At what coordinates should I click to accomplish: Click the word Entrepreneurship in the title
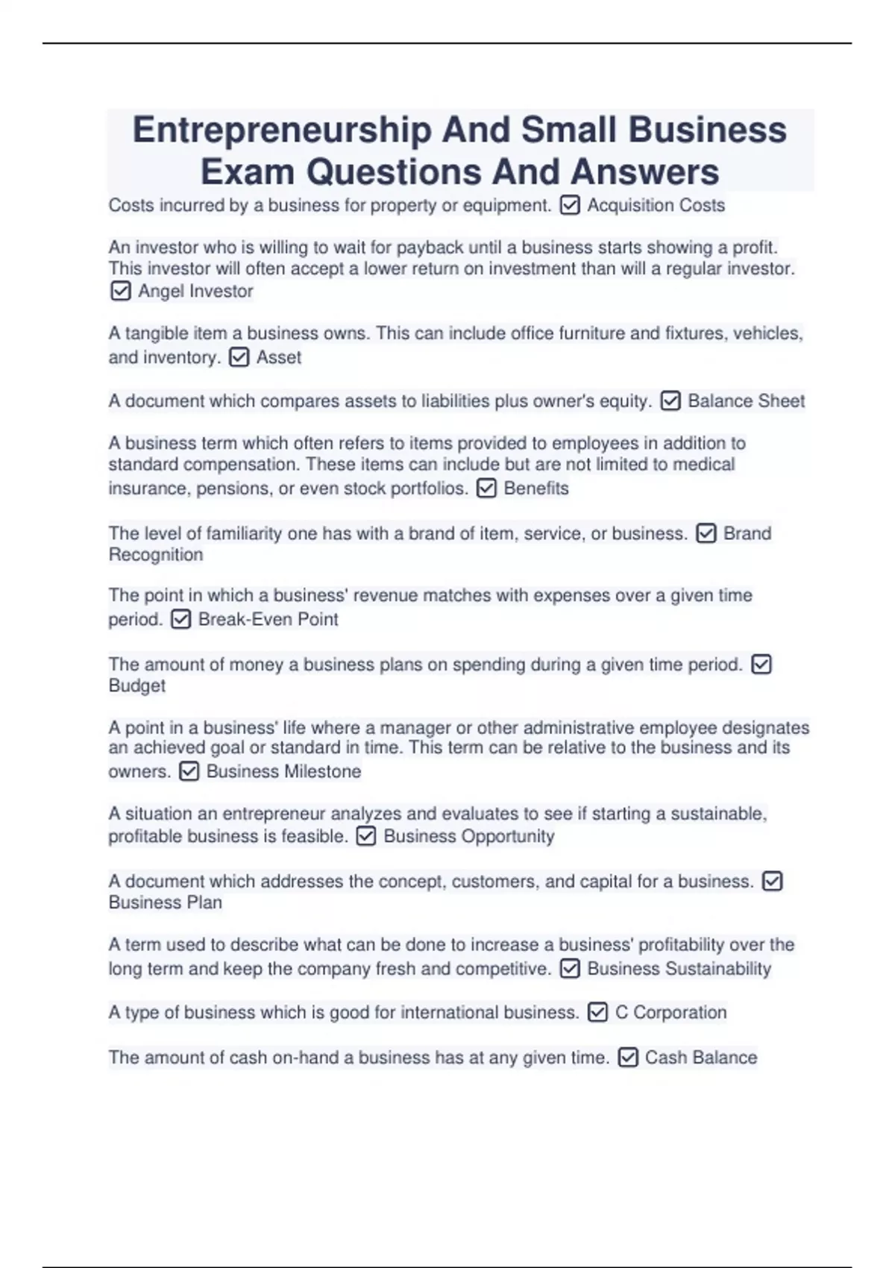(x=281, y=130)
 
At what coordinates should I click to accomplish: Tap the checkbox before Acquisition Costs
(x=569, y=205)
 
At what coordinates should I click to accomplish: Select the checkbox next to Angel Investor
(x=120, y=291)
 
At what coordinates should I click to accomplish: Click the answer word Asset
(x=278, y=357)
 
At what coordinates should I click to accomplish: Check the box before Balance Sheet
(x=671, y=401)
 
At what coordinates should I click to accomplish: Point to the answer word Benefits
(x=536, y=489)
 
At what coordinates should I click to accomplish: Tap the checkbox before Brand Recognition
(x=706, y=533)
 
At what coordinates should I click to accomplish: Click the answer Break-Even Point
(x=268, y=619)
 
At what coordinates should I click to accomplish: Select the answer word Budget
(x=137, y=685)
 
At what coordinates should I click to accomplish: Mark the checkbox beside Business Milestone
(x=189, y=771)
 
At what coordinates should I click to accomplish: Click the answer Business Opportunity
(x=468, y=836)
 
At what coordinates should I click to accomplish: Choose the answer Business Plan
(x=165, y=903)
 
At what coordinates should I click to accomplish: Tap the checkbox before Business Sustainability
(x=569, y=969)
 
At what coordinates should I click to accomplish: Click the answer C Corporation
(x=670, y=1012)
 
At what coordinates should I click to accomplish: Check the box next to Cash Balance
(x=628, y=1058)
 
